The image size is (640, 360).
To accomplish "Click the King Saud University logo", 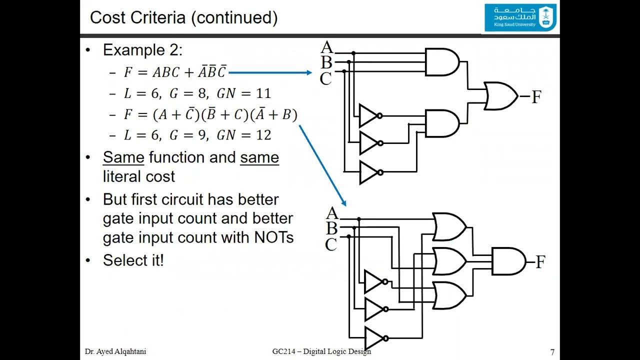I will pos(520,17).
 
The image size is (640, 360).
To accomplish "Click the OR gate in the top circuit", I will pos(500,96).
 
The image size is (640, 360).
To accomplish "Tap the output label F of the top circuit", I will pos(536,97).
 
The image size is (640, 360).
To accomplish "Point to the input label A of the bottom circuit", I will pos(332,213).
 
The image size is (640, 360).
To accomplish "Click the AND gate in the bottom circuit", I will pos(508,261).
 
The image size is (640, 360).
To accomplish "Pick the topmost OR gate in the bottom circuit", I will pos(449,226).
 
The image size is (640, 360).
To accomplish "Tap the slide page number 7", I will pos(552,352).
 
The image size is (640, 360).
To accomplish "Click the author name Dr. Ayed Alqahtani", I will pos(115,351).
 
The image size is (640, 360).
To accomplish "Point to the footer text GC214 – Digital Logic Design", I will pos(321,351).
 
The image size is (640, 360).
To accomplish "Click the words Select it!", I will pos(133,260).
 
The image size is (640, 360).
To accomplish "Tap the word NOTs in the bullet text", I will pos(273,237).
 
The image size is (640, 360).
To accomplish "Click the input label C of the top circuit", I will pos(325,79).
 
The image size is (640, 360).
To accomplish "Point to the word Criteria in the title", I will pos(159,18).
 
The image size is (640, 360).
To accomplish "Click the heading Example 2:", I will pos(142,50).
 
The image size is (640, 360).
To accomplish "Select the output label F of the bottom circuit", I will pos(540,262).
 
